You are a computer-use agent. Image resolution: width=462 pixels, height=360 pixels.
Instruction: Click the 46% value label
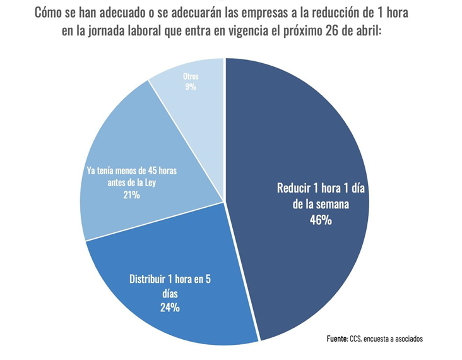click(321, 220)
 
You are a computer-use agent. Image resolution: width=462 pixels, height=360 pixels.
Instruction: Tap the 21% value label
click(131, 196)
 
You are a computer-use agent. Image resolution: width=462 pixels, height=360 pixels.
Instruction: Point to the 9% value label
click(191, 87)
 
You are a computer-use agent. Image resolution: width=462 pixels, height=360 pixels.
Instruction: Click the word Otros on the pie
click(191, 76)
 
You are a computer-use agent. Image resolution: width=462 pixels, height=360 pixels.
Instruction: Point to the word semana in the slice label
click(334, 205)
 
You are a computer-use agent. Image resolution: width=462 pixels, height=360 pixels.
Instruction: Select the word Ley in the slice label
click(149, 183)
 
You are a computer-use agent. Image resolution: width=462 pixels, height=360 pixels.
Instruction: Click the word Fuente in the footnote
click(337, 339)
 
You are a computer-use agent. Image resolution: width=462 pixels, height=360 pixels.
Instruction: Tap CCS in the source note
click(356, 339)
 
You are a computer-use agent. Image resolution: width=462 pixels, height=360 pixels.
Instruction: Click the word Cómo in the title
click(51, 13)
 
